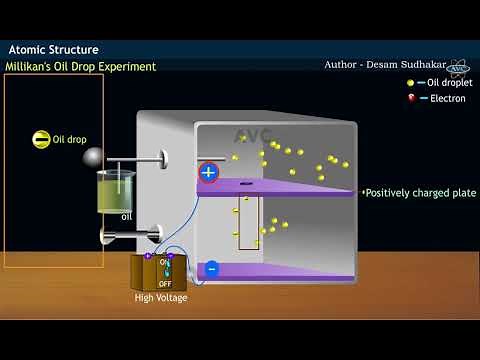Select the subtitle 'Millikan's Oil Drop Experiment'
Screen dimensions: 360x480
coord(80,66)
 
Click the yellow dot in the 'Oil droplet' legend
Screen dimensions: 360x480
coord(411,83)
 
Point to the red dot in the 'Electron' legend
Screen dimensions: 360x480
coord(411,98)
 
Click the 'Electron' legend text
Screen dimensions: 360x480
coord(447,98)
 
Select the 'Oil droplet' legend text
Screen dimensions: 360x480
coord(447,83)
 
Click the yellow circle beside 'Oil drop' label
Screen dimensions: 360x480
coord(40,140)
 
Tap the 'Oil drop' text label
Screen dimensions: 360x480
coord(71,140)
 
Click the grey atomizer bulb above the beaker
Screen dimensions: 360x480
coord(92,157)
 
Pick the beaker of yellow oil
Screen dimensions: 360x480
coord(116,191)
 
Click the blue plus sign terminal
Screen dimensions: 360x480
coord(208,172)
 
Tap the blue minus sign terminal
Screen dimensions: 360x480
coord(211,268)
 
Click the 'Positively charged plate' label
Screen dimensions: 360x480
coord(420,193)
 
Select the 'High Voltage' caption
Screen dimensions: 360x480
coord(161,297)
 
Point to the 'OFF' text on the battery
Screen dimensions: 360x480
coord(165,283)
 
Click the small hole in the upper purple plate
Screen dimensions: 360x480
coord(246,184)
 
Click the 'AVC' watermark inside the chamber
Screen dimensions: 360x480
coord(253,135)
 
